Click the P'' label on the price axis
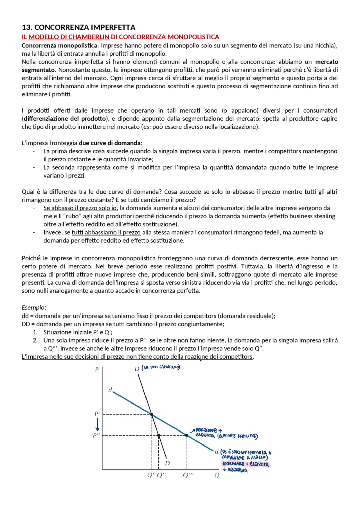click(96, 435)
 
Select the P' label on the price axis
click(97, 414)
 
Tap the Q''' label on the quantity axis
click(188, 475)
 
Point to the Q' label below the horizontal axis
click(151, 475)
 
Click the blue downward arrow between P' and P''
click(97, 425)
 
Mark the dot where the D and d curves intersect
click(152, 415)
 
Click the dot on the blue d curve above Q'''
click(187, 435)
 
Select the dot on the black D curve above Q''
click(159, 435)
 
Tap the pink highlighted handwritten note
click(246, 464)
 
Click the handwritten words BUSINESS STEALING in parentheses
click(237, 436)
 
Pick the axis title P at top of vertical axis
click(97, 369)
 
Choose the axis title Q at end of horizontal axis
click(217, 475)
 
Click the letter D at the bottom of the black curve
click(167, 463)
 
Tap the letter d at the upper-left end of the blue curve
click(110, 390)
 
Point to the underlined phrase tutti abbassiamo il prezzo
click(106, 232)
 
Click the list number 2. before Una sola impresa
click(35, 340)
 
